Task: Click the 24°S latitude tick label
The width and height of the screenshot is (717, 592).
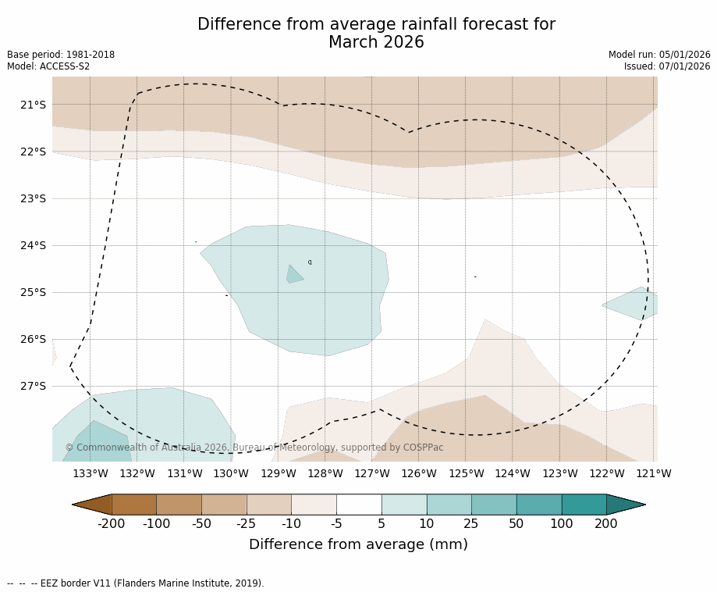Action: (33, 245)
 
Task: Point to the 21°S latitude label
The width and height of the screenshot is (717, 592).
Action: (33, 105)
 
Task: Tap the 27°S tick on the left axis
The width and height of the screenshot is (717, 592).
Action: (33, 386)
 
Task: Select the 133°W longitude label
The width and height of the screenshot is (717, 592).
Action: (91, 473)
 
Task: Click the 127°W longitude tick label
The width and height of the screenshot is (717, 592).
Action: (372, 473)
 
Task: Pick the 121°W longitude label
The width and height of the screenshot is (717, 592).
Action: (654, 473)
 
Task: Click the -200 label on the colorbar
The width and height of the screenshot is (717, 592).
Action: (111, 524)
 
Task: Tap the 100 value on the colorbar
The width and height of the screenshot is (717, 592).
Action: (561, 524)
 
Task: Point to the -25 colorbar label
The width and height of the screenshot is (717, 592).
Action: (247, 524)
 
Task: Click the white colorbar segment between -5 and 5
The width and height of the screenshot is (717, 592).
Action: (359, 505)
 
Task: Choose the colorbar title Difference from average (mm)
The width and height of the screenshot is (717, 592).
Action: (358, 545)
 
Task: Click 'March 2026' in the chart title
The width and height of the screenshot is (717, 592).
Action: (376, 43)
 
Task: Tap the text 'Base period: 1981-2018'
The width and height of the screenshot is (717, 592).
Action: (61, 55)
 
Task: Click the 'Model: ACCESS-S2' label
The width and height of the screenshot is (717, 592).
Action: (48, 66)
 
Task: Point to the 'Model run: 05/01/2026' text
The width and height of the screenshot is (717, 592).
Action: (659, 55)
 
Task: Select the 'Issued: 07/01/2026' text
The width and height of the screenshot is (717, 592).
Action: (667, 66)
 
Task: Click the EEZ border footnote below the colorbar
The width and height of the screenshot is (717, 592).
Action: (135, 583)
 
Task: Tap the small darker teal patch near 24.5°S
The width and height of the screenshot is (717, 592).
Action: (294, 274)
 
